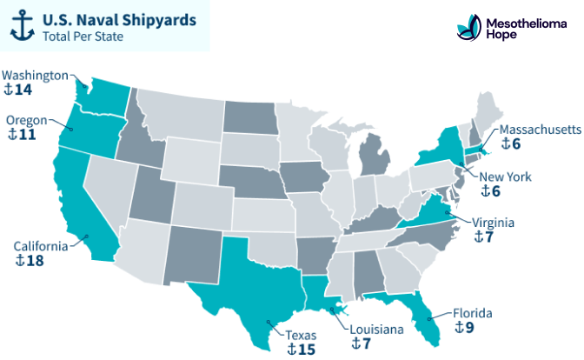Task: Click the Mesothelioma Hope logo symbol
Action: coord(468,28)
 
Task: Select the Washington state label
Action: coord(35,75)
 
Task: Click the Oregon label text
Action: coord(27,120)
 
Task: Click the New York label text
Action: coord(512,177)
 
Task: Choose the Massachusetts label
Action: coord(539,130)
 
